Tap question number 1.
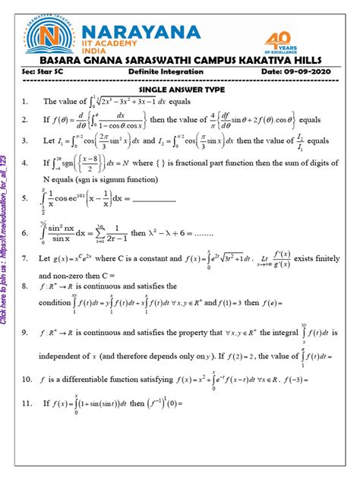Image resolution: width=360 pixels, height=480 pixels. click(x=25, y=101)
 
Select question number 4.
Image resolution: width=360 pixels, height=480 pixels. click(x=25, y=162)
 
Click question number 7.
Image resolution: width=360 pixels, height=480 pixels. click(x=25, y=259)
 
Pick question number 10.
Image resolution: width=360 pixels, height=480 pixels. click(x=27, y=377)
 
